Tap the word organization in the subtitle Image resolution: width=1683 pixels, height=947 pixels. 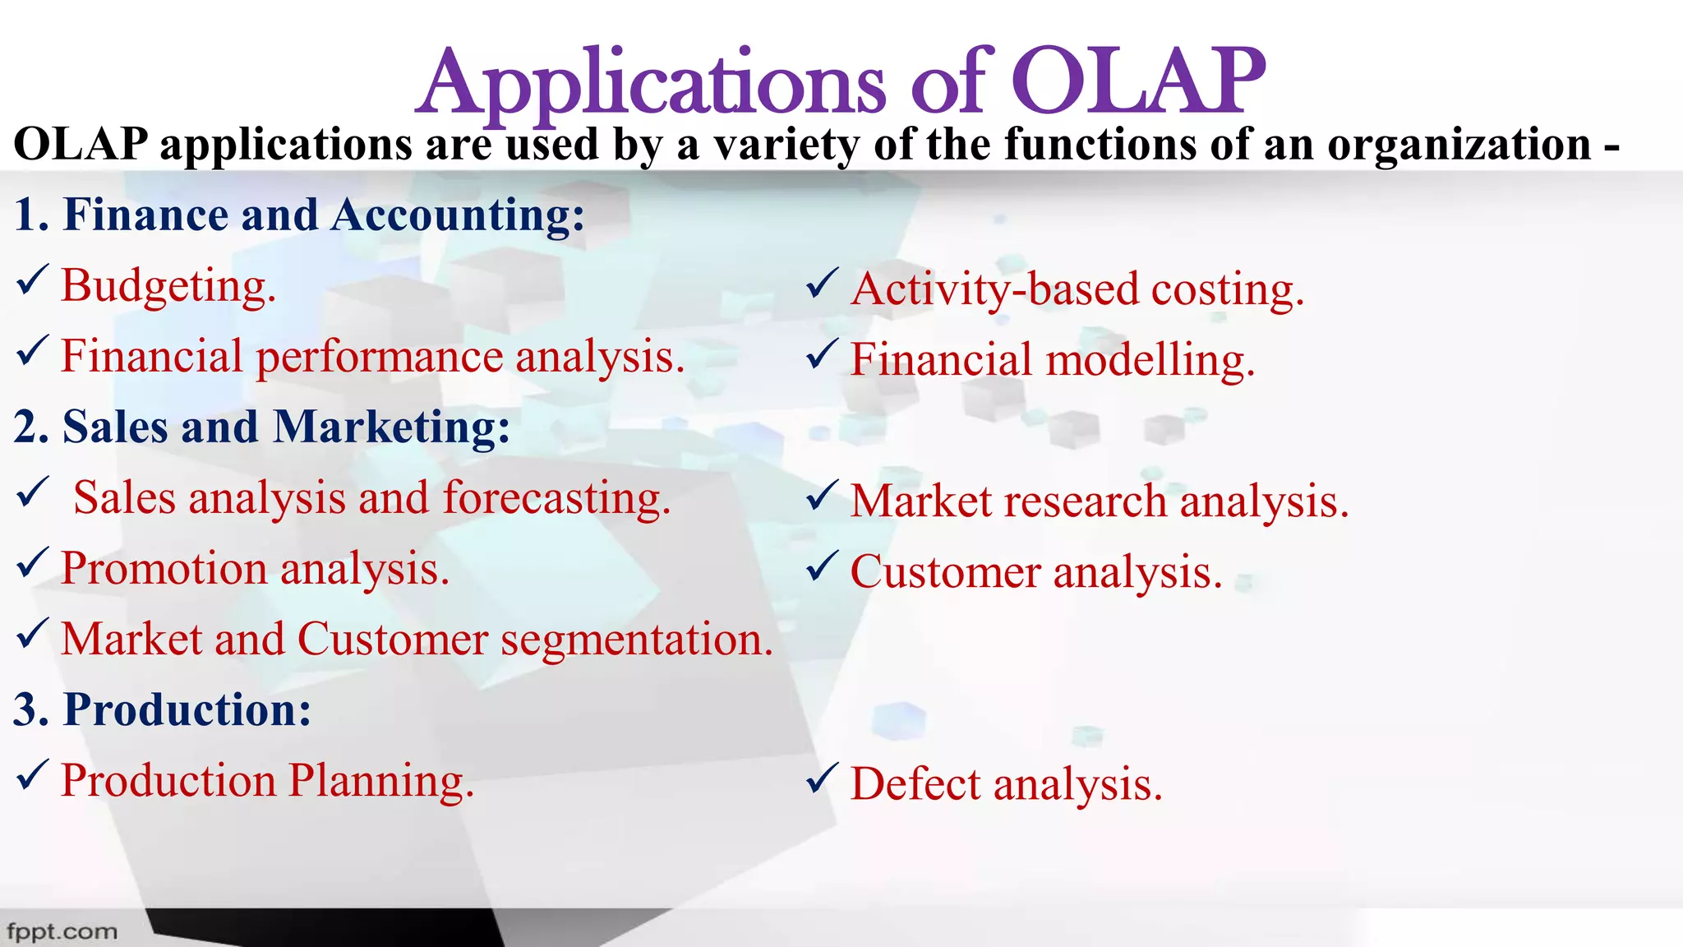[x=1459, y=145]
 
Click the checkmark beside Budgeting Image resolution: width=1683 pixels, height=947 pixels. [x=32, y=282]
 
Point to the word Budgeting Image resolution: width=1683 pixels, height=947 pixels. [x=168, y=287]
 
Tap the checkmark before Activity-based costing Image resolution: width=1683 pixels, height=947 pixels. [x=822, y=284]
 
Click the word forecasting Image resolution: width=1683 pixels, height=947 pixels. [x=556, y=499]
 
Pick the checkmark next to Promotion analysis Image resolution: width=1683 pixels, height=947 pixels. [x=32, y=565]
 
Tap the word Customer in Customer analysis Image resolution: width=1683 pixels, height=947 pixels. [x=945, y=573]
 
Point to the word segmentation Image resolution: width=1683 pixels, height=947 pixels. [x=637, y=640]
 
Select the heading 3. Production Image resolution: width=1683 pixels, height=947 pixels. [x=162, y=710]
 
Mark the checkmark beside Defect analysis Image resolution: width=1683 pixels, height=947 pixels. [x=822, y=778]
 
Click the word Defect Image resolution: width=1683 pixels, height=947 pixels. [x=915, y=784]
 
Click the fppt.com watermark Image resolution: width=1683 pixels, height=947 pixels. [x=62, y=932]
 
